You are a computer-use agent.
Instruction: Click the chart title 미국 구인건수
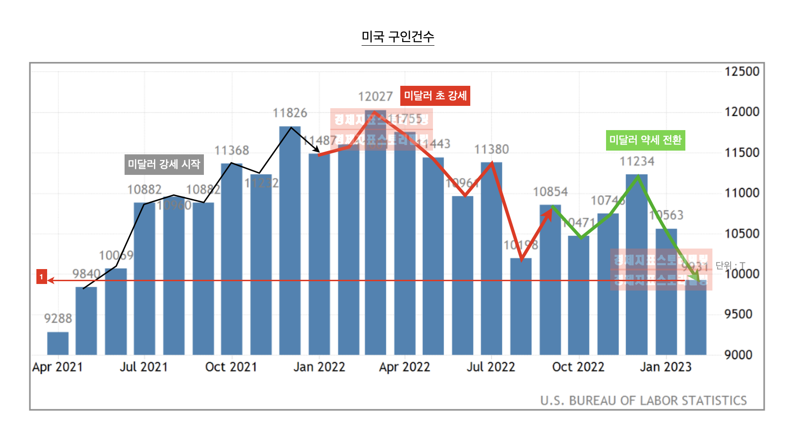[x=397, y=37]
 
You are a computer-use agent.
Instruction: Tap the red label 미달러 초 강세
[x=435, y=96]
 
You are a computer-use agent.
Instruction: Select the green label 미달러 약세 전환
[x=645, y=140]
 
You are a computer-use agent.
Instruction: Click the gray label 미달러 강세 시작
[x=164, y=165]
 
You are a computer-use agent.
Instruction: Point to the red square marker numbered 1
[x=42, y=277]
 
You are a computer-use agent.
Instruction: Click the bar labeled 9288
[x=58, y=344]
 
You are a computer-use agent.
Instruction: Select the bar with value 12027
[x=376, y=233]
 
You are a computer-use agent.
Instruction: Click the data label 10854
[x=550, y=192]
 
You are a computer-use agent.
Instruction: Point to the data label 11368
[x=232, y=151]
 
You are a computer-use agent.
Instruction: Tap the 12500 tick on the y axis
[x=742, y=72]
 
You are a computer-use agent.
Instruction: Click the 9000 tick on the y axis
[x=738, y=355]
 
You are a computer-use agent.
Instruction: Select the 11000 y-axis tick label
[x=742, y=193]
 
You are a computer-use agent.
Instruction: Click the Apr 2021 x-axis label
[x=57, y=367]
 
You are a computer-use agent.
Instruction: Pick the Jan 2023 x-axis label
[x=665, y=367]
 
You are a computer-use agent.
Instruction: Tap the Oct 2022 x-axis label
[x=578, y=367]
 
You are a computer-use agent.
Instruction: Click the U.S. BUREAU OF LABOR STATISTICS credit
[x=643, y=401]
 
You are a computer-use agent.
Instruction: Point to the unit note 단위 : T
[x=730, y=266]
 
